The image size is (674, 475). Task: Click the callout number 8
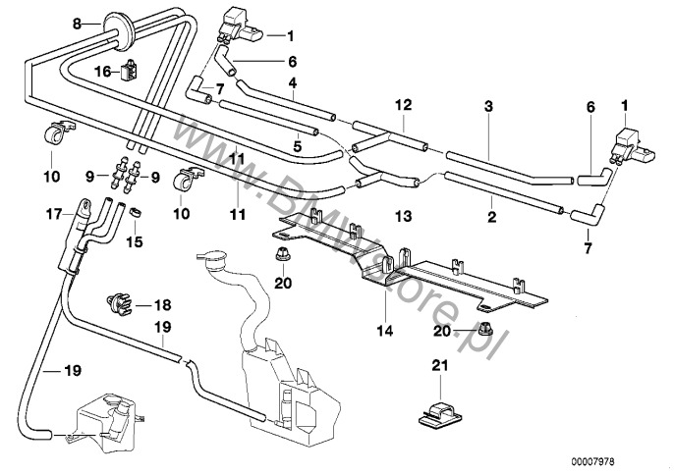78,20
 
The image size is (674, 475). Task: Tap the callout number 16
103,72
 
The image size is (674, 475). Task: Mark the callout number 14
385,332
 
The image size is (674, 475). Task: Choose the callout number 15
136,240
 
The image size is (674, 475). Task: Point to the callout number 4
292,83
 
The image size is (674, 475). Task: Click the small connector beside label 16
129,70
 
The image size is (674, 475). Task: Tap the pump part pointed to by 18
117,298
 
